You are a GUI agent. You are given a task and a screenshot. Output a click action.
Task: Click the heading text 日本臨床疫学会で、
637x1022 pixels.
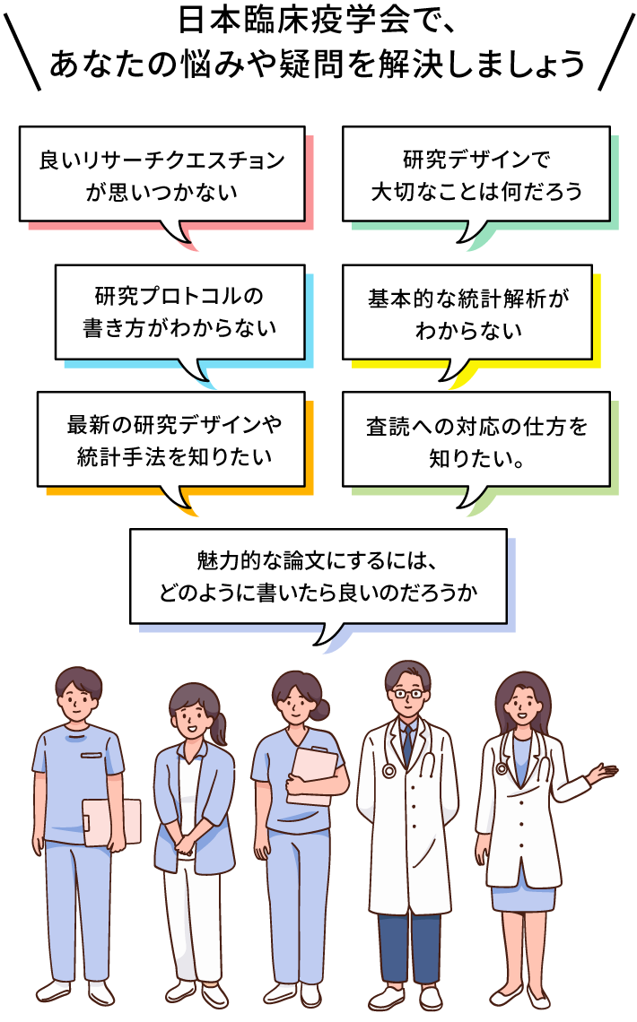click(x=318, y=20)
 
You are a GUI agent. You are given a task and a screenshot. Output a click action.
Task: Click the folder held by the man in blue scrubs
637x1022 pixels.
click(x=112, y=821)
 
